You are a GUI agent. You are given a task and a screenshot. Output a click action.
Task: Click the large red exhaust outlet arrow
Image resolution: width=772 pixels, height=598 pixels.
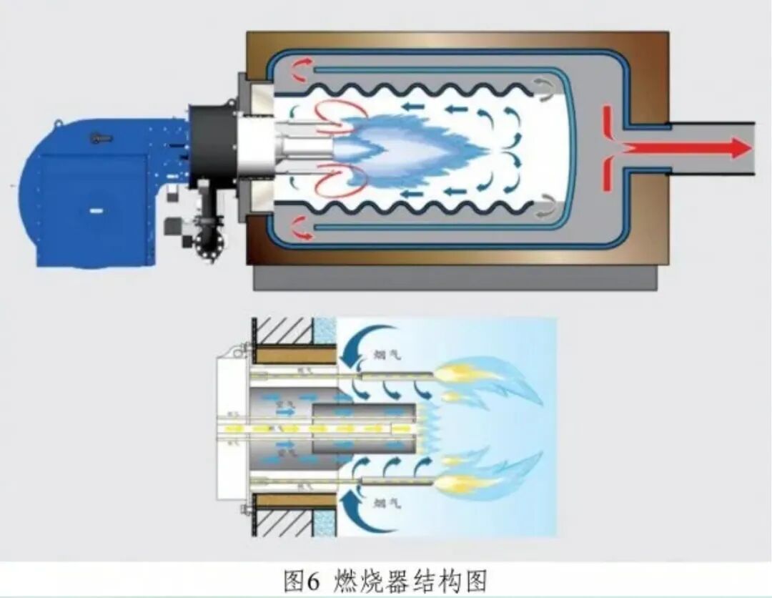point(686,148)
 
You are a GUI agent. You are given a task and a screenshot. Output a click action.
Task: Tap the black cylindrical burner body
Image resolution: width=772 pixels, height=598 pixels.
point(212,142)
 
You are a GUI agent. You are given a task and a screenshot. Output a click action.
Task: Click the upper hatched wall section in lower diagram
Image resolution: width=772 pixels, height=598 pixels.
point(282,330)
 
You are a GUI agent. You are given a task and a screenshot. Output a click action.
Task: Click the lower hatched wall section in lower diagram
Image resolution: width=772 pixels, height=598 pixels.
point(282,522)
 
